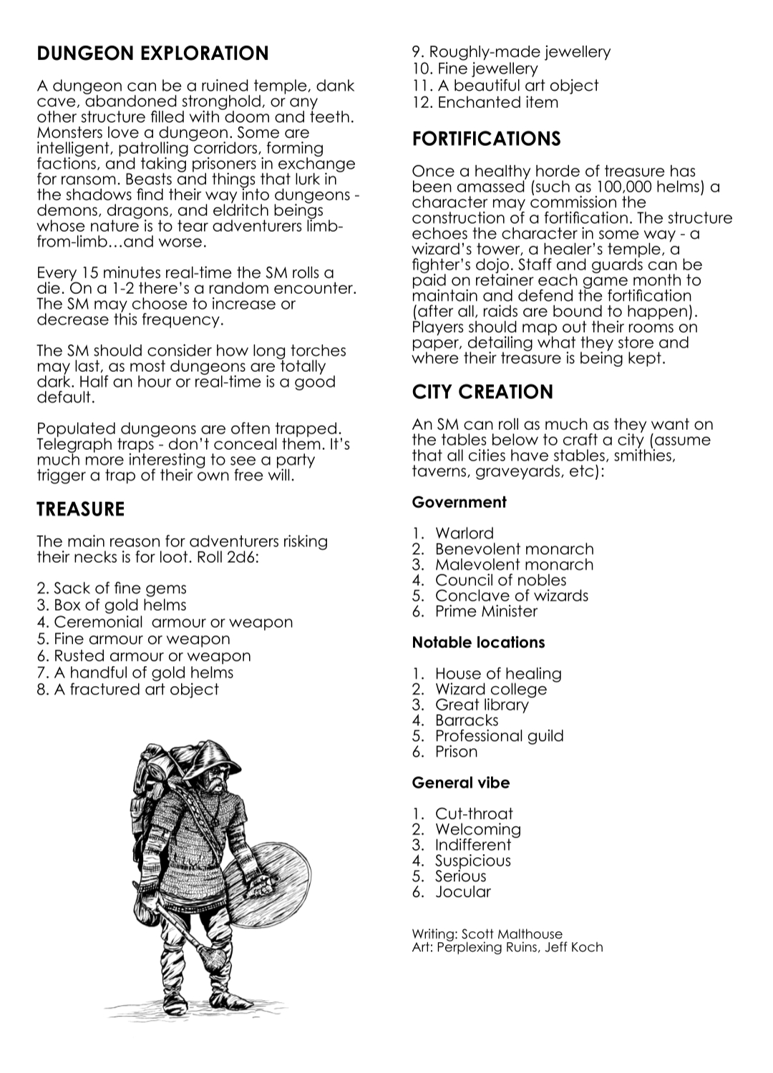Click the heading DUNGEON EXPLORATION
[x=152, y=54]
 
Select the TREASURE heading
[x=80, y=509]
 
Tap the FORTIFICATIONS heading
[x=486, y=139]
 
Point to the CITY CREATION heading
[x=482, y=392]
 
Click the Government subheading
[x=459, y=502]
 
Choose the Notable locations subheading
[x=478, y=642]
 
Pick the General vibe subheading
[x=460, y=783]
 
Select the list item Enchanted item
[x=497, y=102]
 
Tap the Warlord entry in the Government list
[x=464, y=533]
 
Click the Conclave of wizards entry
[x=511, y=596]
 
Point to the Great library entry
[x=482, y=705]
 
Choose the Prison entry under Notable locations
[x=456, y=752]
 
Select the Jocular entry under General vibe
[x=463, y=892]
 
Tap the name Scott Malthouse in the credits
[x=512, y=934]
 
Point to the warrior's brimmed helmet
[x=219, y=759]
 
